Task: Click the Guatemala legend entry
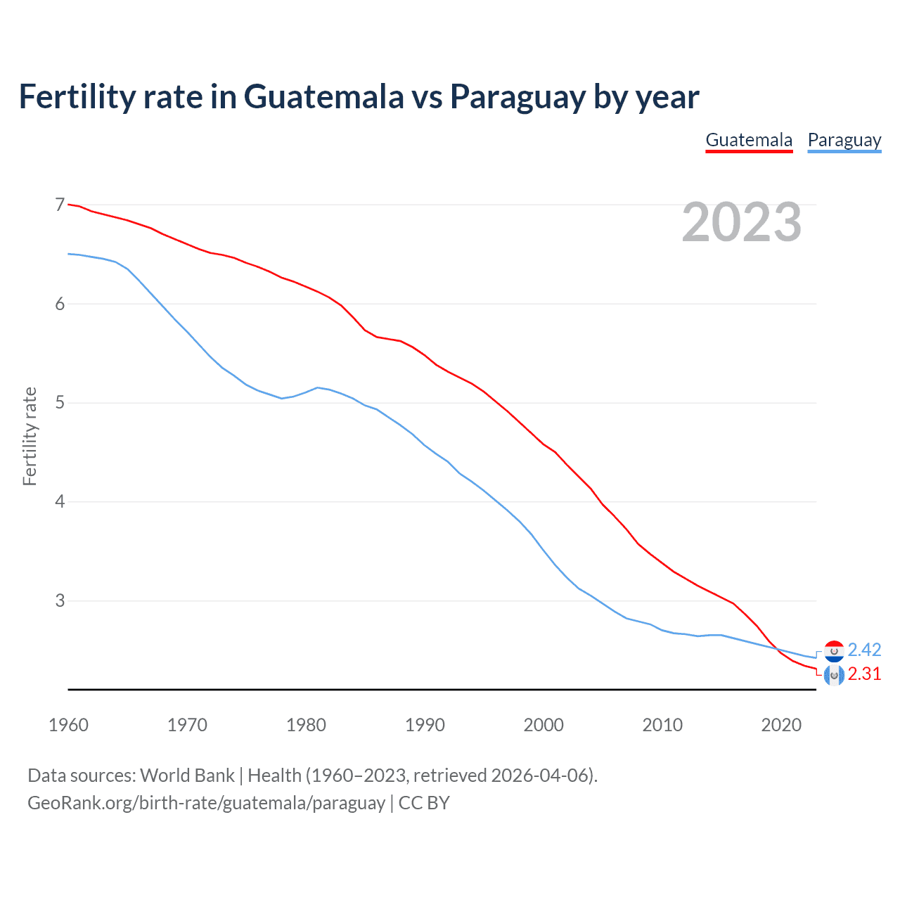[749, 140]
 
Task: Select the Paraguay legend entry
[844, 140]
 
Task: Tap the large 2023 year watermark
[741, 222]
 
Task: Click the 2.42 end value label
[864, 650]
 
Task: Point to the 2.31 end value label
[864, 674]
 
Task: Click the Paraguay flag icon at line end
[834, 651]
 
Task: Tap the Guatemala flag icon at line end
[834, 676]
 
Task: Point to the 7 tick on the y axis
[60, 205]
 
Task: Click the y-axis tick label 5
[60, 403]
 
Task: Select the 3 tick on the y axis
[60, 600]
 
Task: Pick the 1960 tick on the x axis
[68, 725]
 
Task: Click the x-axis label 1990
[425, 725]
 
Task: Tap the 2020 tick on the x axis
[781, 725]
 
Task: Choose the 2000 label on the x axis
[544, 725]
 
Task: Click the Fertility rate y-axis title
[30, 436]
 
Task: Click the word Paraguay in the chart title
[517, 97]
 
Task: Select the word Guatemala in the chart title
[323, 97]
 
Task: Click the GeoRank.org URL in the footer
[206, 803]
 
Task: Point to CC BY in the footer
[424, 803]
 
